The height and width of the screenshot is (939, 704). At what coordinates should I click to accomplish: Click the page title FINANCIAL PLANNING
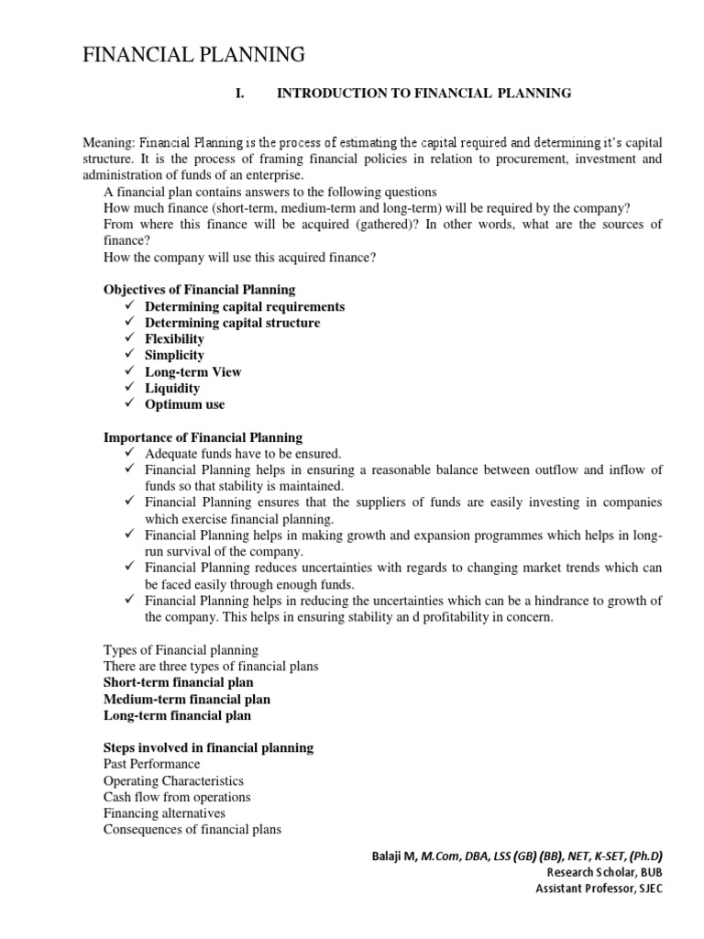point(193,56)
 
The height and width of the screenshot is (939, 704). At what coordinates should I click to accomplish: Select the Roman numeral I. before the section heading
point(240,94)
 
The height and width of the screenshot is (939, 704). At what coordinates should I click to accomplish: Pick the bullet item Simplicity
point(174,355)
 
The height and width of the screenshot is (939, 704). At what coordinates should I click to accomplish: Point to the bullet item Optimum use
point(184,404)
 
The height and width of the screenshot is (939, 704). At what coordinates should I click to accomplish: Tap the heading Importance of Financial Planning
point(203,437)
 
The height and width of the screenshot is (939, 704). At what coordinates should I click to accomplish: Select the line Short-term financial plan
point(179,682)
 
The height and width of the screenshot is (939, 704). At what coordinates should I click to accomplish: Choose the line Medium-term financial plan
point(187,699)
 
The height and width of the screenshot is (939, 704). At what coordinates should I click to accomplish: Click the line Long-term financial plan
point(177,715)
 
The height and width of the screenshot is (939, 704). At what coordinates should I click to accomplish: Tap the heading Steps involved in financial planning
point(208,748)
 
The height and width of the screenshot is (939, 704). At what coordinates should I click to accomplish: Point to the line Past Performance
point(151,764)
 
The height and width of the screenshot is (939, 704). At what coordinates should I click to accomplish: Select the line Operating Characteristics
point(173,780)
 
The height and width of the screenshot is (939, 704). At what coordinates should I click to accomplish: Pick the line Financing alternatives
point(164,813)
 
